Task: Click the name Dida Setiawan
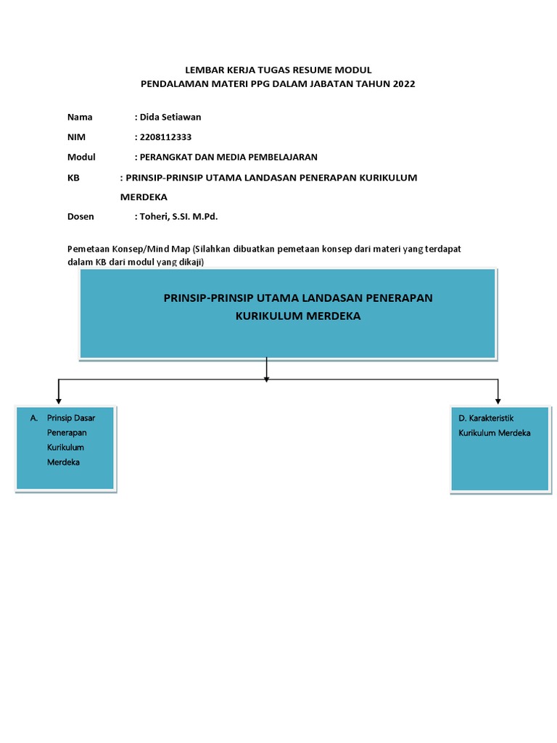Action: tap(170, 117)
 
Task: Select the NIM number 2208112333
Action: tap(166, 137)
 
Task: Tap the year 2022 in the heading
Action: tap(403, 84)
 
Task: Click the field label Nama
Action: tap(80, 117)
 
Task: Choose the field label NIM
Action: tap(76, 137)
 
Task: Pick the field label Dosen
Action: tap(81, 216)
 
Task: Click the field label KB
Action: tap(73, 177)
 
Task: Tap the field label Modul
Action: tap(81, 157)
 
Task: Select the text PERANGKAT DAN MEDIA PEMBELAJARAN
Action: tap(228, 157)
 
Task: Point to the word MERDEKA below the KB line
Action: tap(144, 197)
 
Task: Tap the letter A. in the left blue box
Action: tap(34, 418)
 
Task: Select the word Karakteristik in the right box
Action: tap(491, 419)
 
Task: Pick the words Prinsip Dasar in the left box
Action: tap(71, 418)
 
